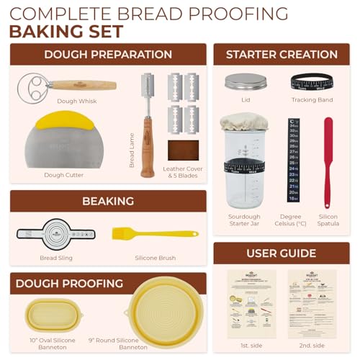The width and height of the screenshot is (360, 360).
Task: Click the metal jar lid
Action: pos(246,81)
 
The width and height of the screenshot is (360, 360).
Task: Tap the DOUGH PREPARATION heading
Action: pos(108,54)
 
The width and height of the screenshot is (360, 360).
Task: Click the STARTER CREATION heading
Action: pos(282,54)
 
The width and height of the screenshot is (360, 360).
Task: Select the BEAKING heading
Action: pos(108,200)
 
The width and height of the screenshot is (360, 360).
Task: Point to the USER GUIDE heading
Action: pos(282,253)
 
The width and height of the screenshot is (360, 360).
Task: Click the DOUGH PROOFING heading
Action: pos(108,282)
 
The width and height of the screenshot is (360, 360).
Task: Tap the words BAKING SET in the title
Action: pos(66,31)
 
